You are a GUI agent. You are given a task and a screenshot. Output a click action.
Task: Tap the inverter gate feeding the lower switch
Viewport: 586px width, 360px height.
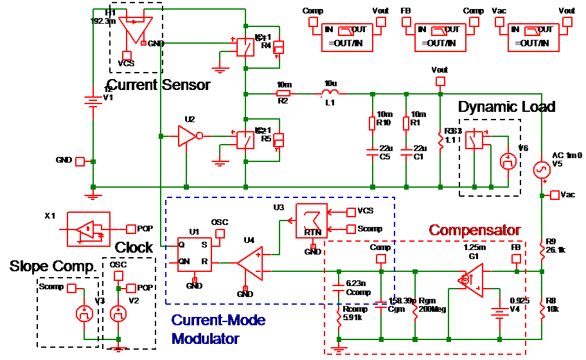click(x=187, y=136)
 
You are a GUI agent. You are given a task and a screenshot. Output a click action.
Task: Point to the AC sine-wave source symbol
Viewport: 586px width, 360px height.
click(x=542, y=169)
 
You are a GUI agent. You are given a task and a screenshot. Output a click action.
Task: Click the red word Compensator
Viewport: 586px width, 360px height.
click(x=475, y=230)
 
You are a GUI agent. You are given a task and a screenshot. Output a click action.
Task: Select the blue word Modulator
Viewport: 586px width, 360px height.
click(x=205, y=338)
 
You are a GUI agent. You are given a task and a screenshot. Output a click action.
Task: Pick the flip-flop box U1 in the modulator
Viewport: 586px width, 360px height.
click(x=195, y=255)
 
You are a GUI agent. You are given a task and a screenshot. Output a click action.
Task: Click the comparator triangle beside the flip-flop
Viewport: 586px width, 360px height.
click(x=251, y=263)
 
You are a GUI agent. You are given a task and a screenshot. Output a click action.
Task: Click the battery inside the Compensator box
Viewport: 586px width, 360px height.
click(x=499, y=313)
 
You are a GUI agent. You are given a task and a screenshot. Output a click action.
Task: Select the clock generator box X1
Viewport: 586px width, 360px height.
click(x=89, y=229)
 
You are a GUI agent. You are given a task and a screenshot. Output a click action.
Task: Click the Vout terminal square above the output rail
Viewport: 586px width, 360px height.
click(x=440, y=81)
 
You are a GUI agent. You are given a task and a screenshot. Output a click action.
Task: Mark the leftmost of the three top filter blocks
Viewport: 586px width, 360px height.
click(x=347, y=37)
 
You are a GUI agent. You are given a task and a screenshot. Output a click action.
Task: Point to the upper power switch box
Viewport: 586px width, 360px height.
click(x=245, y=46)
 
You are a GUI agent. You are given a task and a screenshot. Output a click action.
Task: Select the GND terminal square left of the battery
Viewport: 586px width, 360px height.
click(x=80, y=161)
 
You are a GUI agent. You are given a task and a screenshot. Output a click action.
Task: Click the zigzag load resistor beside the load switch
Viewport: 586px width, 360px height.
click(x=440, y=138)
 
